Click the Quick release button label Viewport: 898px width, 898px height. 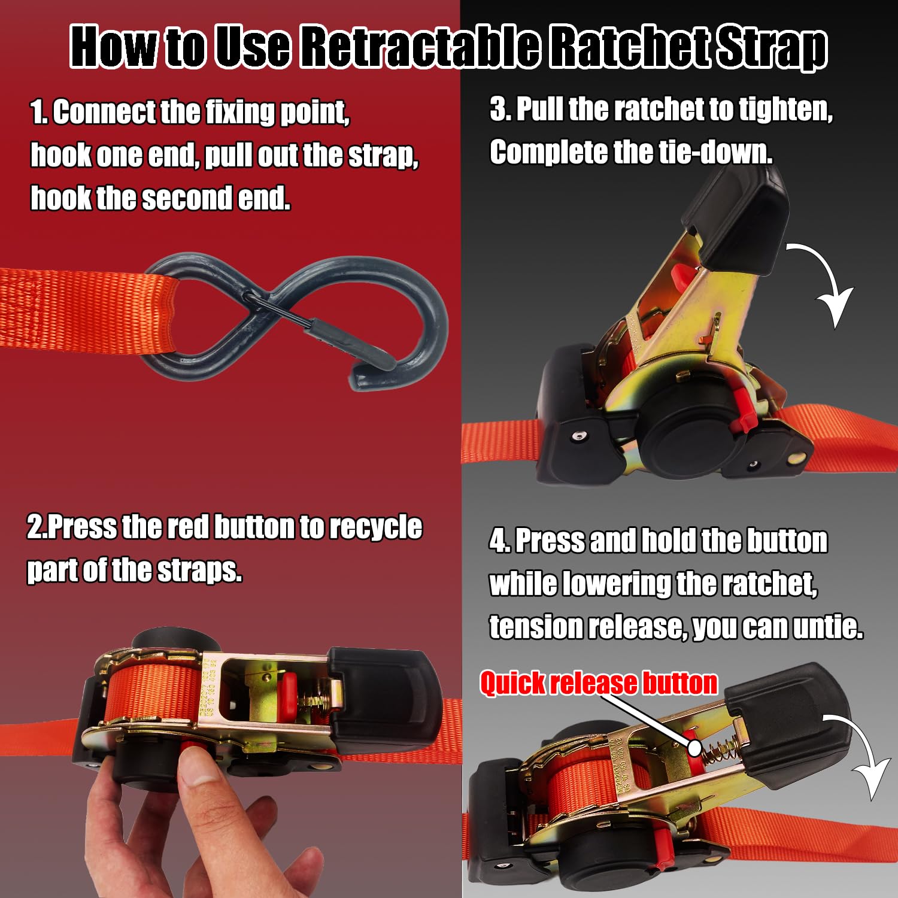coord(598,683)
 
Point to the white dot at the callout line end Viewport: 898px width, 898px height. coord(694,747)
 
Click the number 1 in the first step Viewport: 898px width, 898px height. coord(37,113)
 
